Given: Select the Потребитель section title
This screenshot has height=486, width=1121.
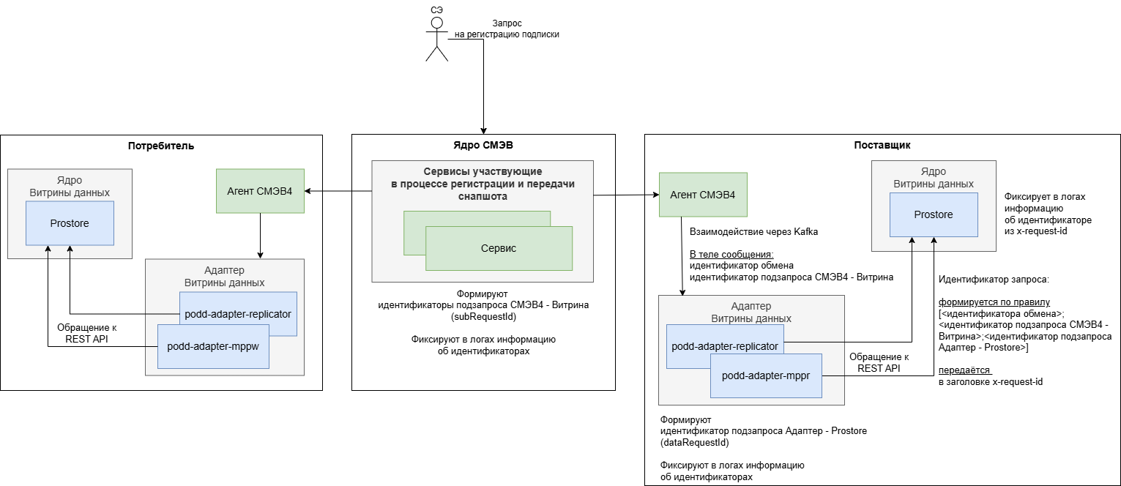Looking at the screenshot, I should point(161,145).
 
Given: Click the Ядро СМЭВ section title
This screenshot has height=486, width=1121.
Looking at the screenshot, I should point(483,145).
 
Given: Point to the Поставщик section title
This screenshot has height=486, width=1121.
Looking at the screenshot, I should point(882,145).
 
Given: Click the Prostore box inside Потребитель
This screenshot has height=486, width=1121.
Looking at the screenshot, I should point(70,223).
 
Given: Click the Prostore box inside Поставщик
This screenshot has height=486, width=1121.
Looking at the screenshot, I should point(934,214).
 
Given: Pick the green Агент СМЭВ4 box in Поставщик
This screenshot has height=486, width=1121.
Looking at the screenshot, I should point(703,195).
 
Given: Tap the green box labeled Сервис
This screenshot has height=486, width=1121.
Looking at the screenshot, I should point(498,248).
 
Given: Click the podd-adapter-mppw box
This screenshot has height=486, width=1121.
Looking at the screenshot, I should point(212,346).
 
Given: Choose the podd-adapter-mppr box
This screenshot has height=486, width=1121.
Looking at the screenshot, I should point(766,376).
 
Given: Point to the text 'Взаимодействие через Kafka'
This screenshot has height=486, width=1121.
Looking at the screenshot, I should point(753,231).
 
